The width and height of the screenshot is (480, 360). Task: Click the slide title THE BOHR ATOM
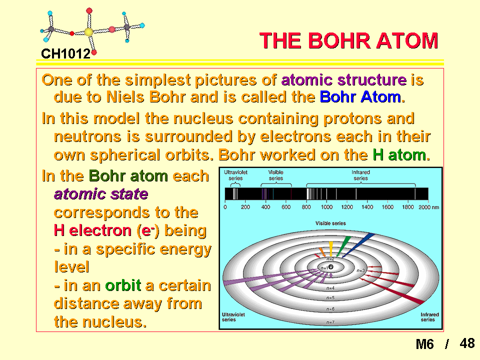click(348, 40)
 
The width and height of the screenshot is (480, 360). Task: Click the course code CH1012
click(66, 54)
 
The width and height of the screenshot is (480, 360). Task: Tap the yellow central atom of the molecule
click(88, 32)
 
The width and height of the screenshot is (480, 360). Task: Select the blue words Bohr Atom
click(360, 97)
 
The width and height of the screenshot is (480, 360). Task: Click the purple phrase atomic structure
click(344, 80)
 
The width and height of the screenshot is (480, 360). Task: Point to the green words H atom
click(399, 155)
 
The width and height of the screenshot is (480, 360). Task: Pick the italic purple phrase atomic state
click(101, 194)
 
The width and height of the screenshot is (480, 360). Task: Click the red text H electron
click(92, 230)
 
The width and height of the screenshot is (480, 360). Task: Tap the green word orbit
click(123, 285)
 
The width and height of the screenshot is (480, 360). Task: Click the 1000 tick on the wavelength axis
click(326, 207)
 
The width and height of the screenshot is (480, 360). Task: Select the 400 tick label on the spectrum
click(265, 207)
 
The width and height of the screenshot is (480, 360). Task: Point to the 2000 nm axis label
click(428, 207)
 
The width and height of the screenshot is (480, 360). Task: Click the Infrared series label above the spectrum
click(360, 175)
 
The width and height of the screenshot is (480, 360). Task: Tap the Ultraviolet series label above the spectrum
click(235, 175)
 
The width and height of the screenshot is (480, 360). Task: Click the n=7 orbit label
click(330, 322)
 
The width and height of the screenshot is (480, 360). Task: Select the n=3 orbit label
click(361, 270)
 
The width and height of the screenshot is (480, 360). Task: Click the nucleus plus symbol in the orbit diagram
click(330, 267)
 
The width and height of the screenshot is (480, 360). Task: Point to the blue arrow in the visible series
click(358, 245)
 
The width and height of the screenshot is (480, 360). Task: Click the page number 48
click(467, 343)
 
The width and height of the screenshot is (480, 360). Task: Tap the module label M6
click(424, 344)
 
